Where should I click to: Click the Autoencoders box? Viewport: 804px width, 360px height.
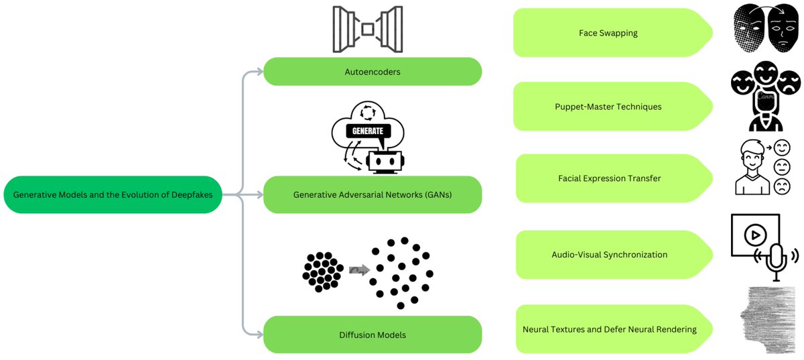click(373, 71)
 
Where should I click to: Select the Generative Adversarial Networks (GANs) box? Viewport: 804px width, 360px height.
click(373, 195)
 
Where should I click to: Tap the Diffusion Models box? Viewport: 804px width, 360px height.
click(373, 335)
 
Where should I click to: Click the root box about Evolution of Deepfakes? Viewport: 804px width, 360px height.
click(113, 195)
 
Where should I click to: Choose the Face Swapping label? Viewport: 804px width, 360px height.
click(608, 32)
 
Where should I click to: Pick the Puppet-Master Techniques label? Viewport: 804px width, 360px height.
click(608, 106)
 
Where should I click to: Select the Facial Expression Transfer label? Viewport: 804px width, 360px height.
click(608, 178)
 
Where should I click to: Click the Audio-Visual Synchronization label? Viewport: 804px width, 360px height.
click(608, 255)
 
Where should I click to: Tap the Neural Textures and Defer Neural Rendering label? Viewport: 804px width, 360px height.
click(608, 329)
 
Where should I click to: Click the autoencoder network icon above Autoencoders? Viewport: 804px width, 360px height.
click(367, 29)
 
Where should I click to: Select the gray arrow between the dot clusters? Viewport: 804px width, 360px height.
click(358, 269)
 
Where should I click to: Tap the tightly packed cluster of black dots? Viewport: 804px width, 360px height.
click(322, 270)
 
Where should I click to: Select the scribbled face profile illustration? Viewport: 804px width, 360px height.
click(767, 320)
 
